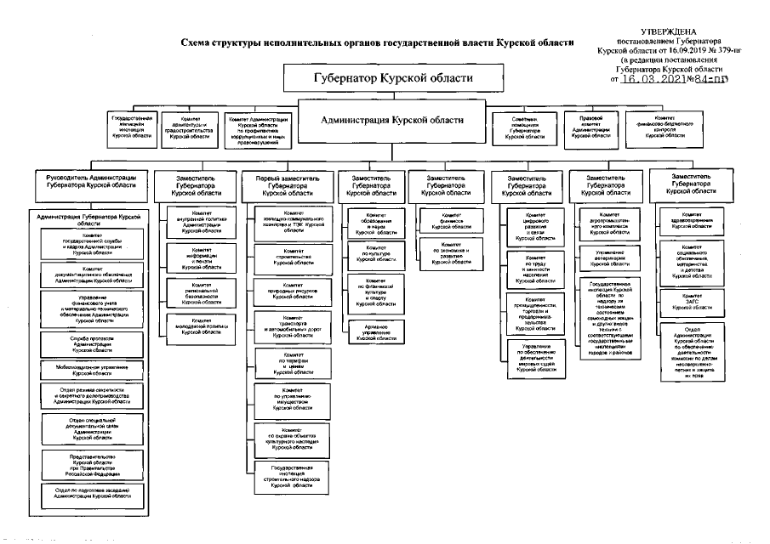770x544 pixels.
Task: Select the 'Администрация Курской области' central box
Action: tap(392, 121)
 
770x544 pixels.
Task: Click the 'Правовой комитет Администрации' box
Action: tap(590, 126)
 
